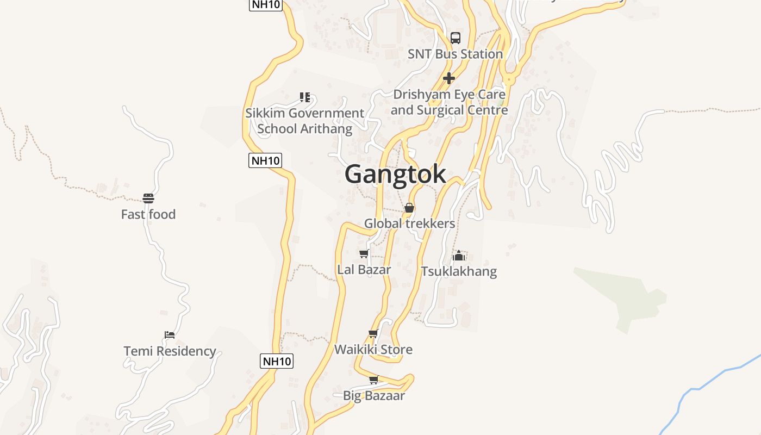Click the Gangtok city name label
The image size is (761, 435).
pos(395,174)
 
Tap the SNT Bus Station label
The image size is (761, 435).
pos(455,54)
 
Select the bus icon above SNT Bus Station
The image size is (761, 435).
pos(456,38)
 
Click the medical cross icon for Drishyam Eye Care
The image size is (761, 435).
pos(449,78)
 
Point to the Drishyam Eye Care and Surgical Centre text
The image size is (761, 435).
pos(449,102)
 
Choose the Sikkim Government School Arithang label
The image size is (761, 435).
pos(304,121)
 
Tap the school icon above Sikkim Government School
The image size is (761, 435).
pos(305,97)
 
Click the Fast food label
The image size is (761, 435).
pos(148,214)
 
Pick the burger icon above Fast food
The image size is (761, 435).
pos(148,198)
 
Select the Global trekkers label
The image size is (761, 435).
pos(409,223)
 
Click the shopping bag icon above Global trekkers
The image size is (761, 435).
pos(409,208)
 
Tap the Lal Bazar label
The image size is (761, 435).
pos(364,269)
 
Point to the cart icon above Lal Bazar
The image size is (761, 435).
pos(364,253)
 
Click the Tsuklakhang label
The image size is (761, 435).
pos(459,271)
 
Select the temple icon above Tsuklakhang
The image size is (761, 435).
pos(459,255)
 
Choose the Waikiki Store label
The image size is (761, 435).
pos(373,349)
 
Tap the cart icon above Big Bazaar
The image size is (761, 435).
pos(373,380)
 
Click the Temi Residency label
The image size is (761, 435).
pos(170,351)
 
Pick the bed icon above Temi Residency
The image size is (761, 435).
pos(170,334)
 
